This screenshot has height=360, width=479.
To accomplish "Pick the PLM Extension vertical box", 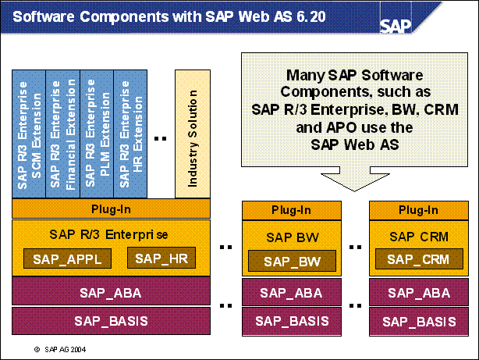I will [x=97, y=133].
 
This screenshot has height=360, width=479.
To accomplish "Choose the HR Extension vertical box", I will [x=130, y=133].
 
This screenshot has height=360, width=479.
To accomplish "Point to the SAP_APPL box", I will [x=67, y=258].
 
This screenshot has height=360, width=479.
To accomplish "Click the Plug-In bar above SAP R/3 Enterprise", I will [x=111, y=209].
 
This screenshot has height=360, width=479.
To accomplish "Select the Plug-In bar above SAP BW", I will [x=290, y=210].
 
